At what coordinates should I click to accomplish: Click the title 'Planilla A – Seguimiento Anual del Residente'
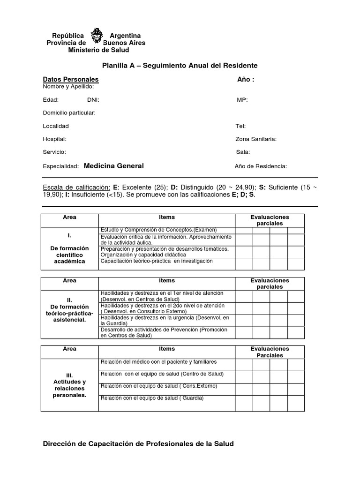tap(180, 66)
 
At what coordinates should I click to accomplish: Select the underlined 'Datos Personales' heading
tap(71, 80)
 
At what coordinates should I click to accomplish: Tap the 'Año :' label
tap(246, 80)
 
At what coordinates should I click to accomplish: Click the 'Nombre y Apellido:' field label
tap(68, 87)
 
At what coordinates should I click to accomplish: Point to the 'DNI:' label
tap(93, 100)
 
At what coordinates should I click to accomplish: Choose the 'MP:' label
tap(242, 100)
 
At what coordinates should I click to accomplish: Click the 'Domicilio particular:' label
tap(69, 113)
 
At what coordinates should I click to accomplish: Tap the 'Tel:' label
tap(240, 126)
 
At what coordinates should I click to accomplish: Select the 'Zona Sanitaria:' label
tap(256, 139)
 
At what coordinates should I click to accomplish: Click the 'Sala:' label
tap(243, 152)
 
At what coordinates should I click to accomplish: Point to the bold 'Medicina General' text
tap(114, 166)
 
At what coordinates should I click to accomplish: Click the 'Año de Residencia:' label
tap(261, 166)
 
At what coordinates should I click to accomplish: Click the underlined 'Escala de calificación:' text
tap(77, 187)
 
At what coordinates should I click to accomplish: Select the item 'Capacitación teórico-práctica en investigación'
tap(157, 261)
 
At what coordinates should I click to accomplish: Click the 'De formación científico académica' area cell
tap(69, 248)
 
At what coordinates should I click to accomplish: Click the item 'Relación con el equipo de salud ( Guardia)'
tap(152, 398)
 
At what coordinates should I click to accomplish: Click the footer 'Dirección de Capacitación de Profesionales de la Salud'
tap(138, 443)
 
